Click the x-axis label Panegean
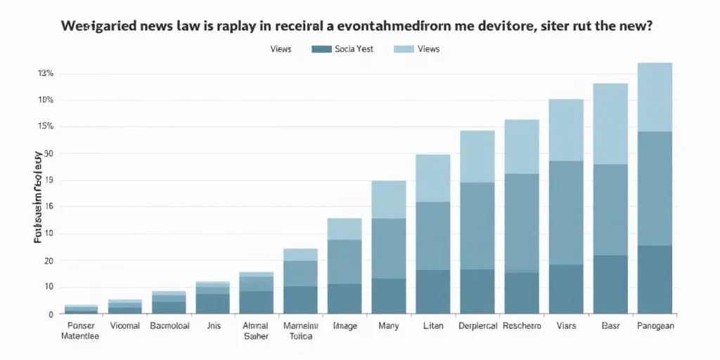[x=655, y=326]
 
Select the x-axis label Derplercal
[x=477, y=326]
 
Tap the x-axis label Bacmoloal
[x=169, y=326]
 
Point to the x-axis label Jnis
[x=212, y=326]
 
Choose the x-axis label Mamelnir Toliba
[x=300, y=330]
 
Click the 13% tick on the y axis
[x=46, y=73]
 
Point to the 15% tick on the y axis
[x=46, y=127]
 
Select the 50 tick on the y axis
[x=49, y=153]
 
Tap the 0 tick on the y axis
[x=51, y=314]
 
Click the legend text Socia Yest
[x=356, y=49]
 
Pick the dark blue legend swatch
[x=321, y=49]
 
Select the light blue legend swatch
[x=404, y=49]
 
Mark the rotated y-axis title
[x=38, y=197]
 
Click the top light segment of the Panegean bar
[x=655, y=96]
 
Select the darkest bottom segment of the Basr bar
[x=610, y=283]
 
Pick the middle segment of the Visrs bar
[x=566, y=212]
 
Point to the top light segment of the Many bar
[x=389, y=199]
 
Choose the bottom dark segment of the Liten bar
[x=433, y=291]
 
